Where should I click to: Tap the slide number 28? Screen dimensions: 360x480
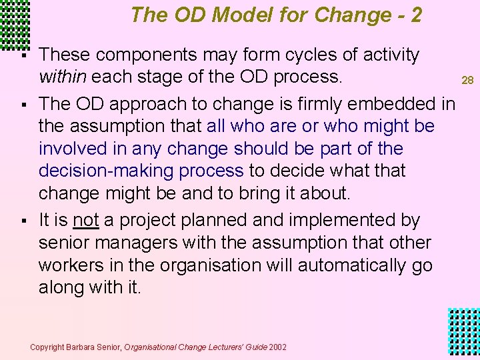click(x=468, y=81)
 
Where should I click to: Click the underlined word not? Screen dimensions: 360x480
click(x=86, y=220)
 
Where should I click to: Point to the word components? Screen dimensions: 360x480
click(x=151, y=55)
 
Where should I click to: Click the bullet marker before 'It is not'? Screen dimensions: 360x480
click(x=23, y=221)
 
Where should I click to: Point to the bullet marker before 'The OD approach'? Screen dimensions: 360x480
click(x=23, y=105)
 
